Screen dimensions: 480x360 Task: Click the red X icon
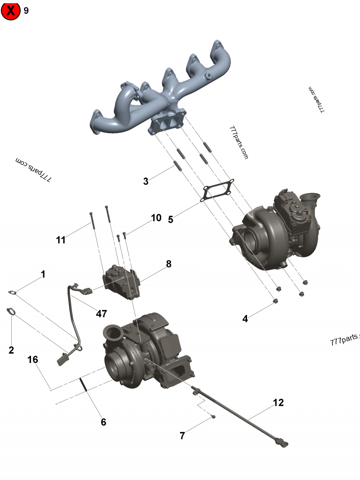[11, 11]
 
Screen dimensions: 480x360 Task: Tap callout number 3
[145, 181]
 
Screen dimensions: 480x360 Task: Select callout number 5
[171, 220]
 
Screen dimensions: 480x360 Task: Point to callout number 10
[156, 218]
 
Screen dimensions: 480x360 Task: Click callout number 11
[61, 240]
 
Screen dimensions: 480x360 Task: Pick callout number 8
[168, 264]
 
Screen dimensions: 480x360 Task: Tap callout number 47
[101, 314]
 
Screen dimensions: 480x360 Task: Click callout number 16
[32, 360]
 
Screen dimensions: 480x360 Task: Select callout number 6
[103, 422]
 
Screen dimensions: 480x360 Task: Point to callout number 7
[182, 435]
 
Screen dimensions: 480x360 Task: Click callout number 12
[279, 403]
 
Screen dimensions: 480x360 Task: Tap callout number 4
[245, 319]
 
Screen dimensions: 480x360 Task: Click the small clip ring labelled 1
[13, 293]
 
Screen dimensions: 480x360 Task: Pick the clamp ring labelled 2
[12, 311]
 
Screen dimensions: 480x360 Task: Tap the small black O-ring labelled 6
[83, 385]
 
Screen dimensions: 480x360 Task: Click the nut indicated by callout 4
[275, 301]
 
